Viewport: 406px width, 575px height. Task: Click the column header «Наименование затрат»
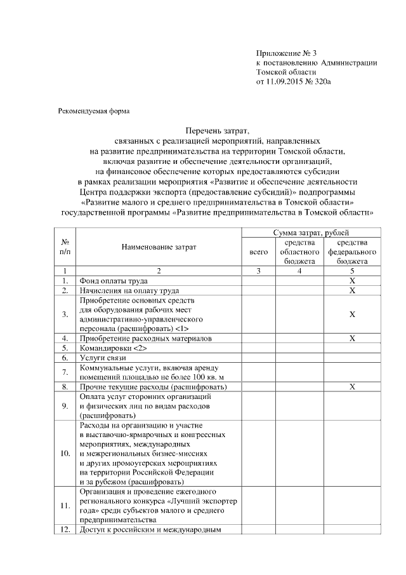click(x=159, y=247)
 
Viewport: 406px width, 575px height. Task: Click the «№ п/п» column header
click(x=65, y=247)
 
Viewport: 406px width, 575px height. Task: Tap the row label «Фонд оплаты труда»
click(x=114, y=280)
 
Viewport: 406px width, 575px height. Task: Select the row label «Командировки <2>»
click(x=113, y=349)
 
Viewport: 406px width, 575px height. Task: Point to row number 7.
click(x=65, y=372)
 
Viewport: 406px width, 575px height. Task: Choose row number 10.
click(x=65, y=454)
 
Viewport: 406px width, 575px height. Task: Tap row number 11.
click(x=65, y=506)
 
